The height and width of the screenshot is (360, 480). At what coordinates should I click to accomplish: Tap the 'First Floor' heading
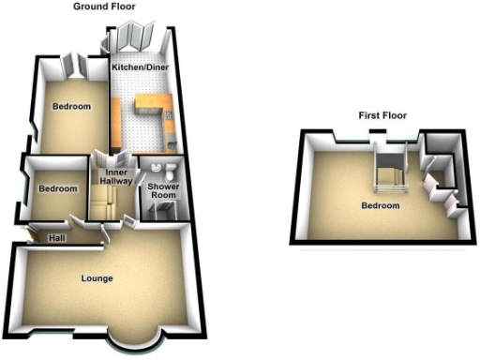382,115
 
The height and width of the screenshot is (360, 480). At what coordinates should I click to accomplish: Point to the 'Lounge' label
97,278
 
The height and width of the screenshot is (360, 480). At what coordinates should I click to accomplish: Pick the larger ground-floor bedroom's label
72,108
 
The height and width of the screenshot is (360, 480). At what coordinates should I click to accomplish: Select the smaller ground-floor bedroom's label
57,189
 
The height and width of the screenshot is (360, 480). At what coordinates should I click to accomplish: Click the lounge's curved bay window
131,343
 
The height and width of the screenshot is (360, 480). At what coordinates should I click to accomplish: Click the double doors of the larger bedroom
75,65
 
